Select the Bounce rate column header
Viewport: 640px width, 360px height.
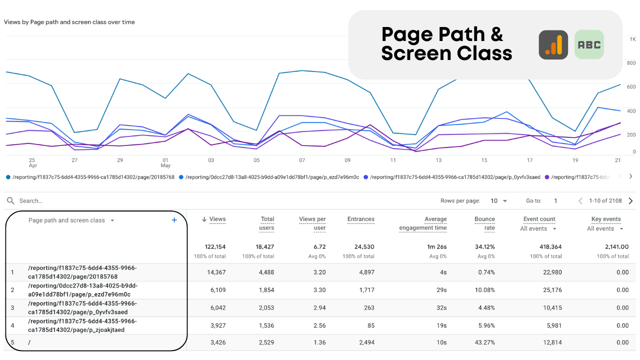pyautogui.click(x=484, y=223)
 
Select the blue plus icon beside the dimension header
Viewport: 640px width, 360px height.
pyautogui.click(x=174, y=220)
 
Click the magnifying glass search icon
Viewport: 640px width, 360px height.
pyautogui.click(x=10, y=201)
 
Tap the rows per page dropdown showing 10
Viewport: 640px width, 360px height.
pyautogui.click(x=498, y=201)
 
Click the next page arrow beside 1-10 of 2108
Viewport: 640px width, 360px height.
pyautogui.click(x=630, y=201)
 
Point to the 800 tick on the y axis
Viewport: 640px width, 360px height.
pyautogui.click(x=631, y=63)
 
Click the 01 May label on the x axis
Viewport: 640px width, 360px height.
pyautogui.click(x=165, y=162)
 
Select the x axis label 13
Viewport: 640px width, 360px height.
pyautogui.click(x=438, y=160)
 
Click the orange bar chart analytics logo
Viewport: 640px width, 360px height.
pyautogui.click(x=553, y=45)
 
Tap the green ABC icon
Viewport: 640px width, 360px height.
pyautogui.click(x=589, y=45)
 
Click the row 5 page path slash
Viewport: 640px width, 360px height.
pyautogui.click(x=29, y=342)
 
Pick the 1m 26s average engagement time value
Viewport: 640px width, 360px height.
pyautogui.click(x=436, y=247)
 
